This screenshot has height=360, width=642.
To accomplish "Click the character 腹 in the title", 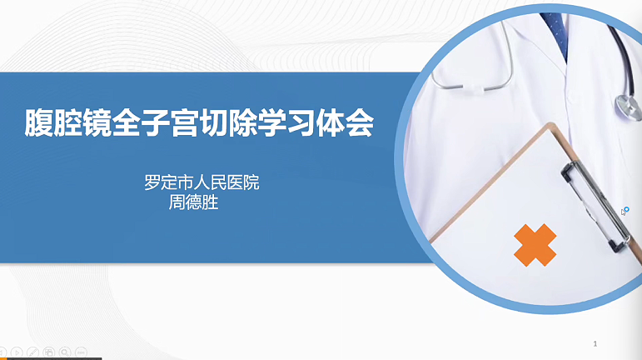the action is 39,122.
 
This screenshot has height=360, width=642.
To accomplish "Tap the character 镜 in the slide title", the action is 97,122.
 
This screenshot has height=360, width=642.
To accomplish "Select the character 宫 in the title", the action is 185,122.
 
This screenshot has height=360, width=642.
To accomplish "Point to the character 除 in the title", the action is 243,122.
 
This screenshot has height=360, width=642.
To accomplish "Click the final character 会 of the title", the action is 360,122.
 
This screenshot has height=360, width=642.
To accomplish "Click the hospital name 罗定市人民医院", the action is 202,182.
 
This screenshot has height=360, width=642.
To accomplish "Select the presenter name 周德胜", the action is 193,202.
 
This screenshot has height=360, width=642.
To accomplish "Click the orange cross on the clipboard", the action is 535,245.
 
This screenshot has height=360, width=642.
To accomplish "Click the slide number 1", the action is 595,343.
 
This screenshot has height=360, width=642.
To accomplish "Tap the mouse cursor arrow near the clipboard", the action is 623,212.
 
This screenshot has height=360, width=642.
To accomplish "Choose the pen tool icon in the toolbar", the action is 32,352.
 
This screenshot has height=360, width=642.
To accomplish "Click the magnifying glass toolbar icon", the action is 65,352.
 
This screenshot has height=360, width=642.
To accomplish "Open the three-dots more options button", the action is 81,352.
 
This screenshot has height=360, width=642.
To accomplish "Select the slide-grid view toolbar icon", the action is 49,352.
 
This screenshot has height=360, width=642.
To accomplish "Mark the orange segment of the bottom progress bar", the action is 3,359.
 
